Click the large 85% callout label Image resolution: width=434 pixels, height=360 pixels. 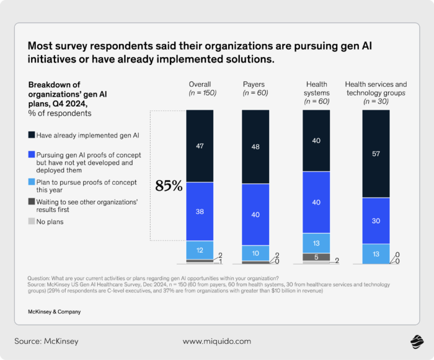[x=169, y=186]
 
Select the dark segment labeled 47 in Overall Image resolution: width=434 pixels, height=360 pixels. [x=200, y=146]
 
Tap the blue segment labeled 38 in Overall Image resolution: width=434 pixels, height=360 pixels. [x=200, y=211]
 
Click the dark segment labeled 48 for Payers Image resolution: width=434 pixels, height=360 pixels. [x=255, y=147]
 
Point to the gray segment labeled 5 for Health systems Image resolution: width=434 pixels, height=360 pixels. [x=316, y=257]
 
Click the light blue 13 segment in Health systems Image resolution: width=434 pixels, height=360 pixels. [x=316, y=242]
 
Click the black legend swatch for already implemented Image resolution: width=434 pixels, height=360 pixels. [x=32, y=134]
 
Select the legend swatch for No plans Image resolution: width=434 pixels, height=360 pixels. [x=32, y=221]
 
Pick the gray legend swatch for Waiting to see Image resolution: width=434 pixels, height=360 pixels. [x=32, y=202]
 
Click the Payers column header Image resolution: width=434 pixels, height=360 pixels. [x=255, y=85]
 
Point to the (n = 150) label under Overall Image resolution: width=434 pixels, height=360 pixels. [x=200, y=93]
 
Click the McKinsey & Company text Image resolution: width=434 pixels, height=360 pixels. [x=54, y=311]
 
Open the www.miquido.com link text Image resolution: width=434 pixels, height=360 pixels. [x=216, y=341]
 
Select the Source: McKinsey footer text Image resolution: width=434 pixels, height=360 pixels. [x=46, y=341]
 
